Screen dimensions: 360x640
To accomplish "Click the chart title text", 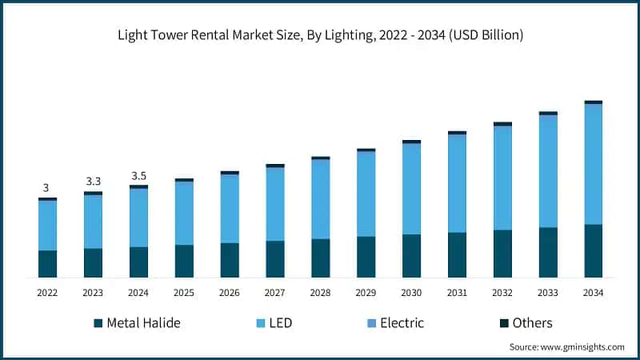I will [320, 34].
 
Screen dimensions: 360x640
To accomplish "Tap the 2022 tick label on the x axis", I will [47, 293].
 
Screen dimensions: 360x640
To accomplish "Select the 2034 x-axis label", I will [593, 293].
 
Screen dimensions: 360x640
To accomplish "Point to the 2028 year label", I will [320, 293].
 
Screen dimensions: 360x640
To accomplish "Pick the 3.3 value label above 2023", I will [93, 182].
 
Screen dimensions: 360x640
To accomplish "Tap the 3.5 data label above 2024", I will [138, 175].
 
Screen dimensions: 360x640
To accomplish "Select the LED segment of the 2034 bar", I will [593, 164].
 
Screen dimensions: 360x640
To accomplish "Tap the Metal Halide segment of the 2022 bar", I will [47, 264].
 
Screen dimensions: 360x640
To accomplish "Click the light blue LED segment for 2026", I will [230, 208].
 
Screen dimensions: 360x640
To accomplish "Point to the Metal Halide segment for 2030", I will [411, 256].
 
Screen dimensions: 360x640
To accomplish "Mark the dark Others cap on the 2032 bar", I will [502, 124].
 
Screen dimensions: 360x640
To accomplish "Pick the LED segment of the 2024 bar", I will [138, 218].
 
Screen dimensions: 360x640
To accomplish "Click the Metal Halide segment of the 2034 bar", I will [593, 250].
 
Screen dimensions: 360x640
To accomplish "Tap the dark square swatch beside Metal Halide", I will [98, 323].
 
